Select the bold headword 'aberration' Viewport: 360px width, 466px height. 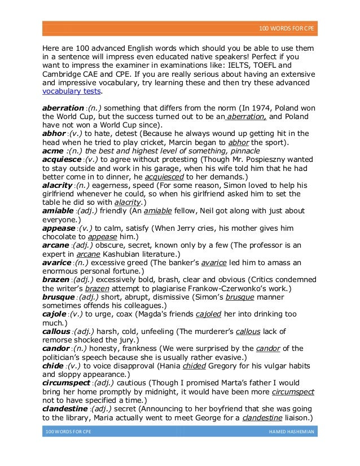click(x=63, y=107)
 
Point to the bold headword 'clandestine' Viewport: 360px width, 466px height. click(x=65, y=407)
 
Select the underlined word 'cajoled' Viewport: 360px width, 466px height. click(x=207, y=314)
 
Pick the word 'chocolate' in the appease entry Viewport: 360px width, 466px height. click(x=62, y=237)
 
